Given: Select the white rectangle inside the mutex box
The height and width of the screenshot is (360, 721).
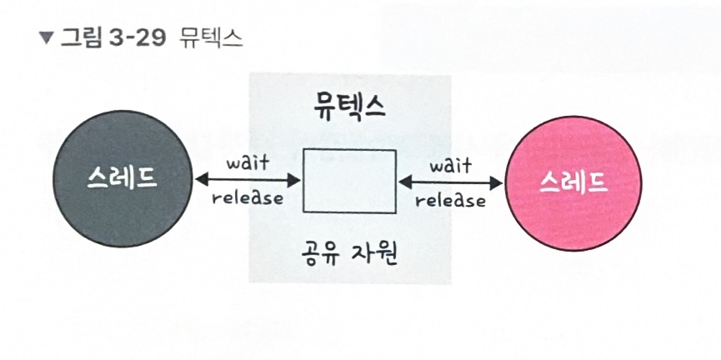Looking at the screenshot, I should tap(348, 180).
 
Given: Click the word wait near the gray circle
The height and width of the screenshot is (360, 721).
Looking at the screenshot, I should tap(248, 163).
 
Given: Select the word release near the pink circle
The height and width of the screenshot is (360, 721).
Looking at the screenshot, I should tap(451, 200).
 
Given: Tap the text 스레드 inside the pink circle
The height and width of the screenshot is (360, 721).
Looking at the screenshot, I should tap(573, 179).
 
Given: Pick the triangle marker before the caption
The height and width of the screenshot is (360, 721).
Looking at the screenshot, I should tap(45, 38).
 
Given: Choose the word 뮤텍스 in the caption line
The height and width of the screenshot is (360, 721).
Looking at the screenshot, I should tap(211, 38).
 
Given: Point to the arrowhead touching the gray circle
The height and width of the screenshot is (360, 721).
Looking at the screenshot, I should tap(200, 180).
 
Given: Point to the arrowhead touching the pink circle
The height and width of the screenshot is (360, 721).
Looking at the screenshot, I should tap(500, 181).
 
